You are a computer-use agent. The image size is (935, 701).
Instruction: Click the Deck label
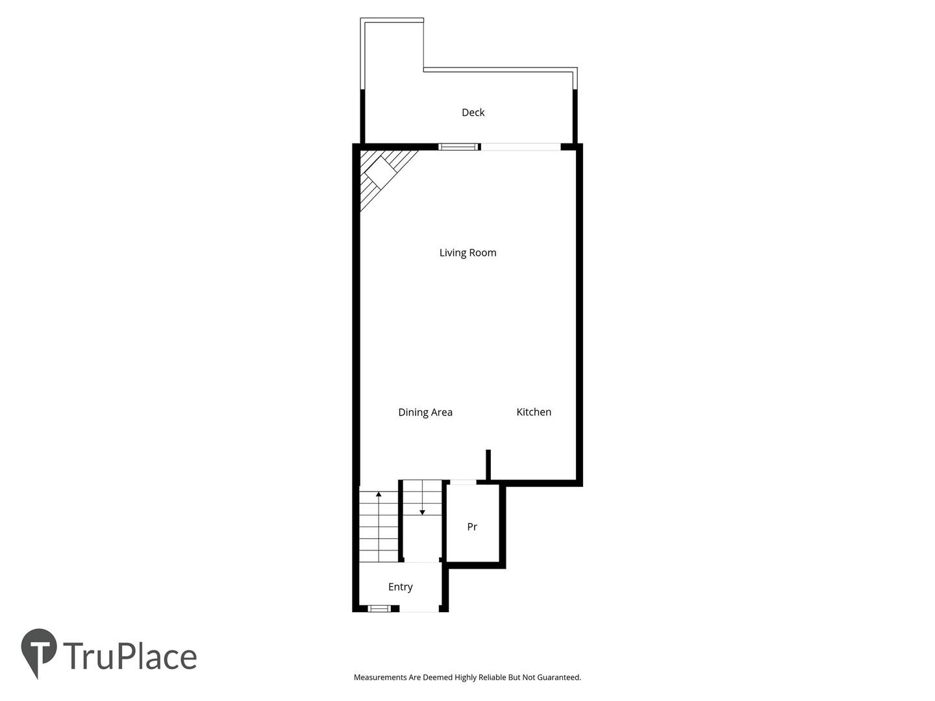[x=473, y=112]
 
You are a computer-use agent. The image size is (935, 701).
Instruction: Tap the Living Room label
[x=467, y=253]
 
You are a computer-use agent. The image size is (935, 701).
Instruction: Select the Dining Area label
[x=425, y=412]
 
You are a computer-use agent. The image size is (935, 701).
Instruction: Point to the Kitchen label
[x=534, y=412]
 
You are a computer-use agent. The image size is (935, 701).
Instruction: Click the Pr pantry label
[x=472, y=526]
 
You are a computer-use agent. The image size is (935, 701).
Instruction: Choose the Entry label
[x=401, y=587]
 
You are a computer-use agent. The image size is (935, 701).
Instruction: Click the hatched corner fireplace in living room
[x=382, y=174]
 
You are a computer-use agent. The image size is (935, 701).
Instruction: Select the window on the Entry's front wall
[x=379, y=609]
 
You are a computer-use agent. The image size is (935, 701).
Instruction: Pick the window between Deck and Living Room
[x=458, y=147]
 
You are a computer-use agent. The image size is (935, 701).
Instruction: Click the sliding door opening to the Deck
[x=521, y=147]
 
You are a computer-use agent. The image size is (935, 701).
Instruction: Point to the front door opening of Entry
[x=419, y=609]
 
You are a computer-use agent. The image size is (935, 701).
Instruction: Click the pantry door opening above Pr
[x=463, y=482]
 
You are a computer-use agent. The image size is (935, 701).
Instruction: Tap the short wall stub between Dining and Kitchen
[x=488, y=465]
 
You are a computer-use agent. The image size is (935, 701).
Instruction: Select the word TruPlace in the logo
[x=130, y=656]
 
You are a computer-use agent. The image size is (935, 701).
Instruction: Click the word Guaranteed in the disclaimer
[x=559, y=677]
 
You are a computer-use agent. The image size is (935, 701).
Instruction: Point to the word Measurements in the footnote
[x=380, y=677]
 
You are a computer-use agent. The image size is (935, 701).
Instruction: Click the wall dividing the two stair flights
[x=401, y=521]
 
